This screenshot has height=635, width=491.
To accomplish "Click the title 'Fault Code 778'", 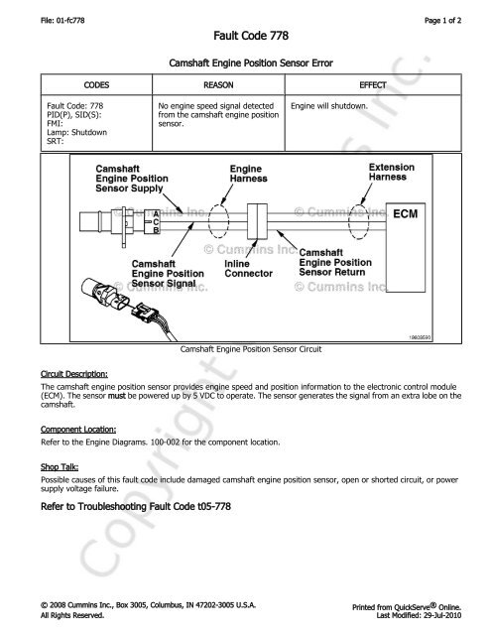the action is (x=251, y=36).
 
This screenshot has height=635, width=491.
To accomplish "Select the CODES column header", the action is (x=96, y=85).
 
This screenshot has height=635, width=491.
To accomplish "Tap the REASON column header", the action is (x=218, y=85).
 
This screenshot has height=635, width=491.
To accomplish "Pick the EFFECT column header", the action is (x=373, y=85).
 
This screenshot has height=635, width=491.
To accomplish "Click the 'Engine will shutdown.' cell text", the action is (x=329, y=106).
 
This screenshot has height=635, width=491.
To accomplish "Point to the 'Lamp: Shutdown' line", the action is (x=77, y=132).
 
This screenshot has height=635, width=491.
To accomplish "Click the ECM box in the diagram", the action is (x=406, y=247).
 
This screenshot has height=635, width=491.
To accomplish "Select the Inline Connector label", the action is (x=248, y=269).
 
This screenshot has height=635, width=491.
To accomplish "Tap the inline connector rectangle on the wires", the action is (x=257, y=221).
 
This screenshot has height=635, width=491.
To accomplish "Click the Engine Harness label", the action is (x=249, y=174).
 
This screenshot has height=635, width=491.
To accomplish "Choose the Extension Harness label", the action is (x=391, y=172).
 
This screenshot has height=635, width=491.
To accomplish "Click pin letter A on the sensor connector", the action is (x=156, y=214).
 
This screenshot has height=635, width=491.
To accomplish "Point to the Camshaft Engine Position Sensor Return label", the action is (x=335, y=262).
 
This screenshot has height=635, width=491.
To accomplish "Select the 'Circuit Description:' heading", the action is (x=74, y=374).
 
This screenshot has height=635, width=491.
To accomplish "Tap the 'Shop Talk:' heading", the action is (x=60, y=467).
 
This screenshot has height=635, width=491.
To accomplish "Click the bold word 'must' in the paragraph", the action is (x=117, y=396).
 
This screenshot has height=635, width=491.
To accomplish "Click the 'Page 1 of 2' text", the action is (x=442, y=20).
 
